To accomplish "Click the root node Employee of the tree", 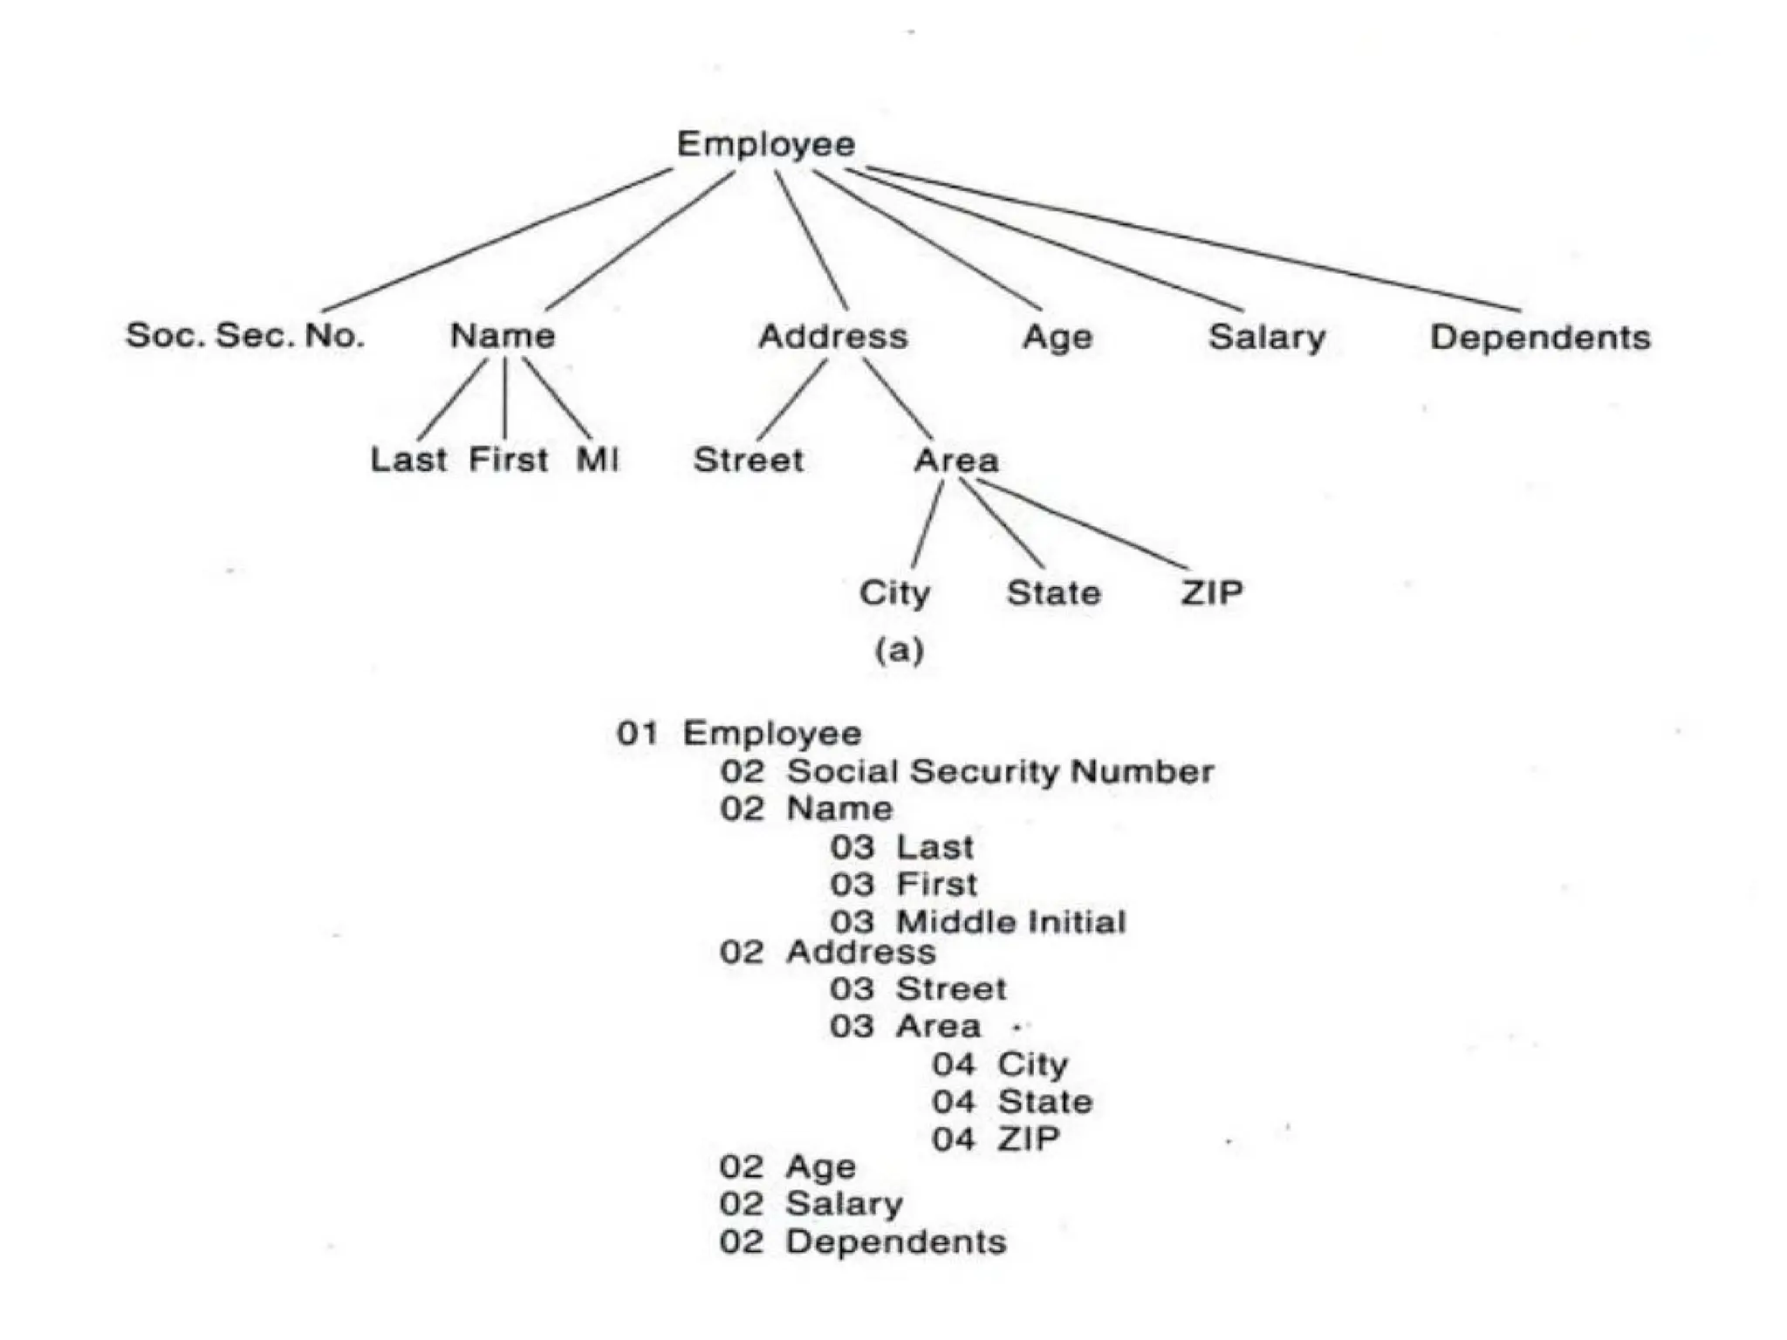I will [x=766, y=144].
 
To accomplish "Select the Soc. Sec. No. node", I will [x=244, y=335].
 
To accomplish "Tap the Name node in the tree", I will [x=503, y=336].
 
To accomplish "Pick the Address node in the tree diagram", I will [x=833, y=337].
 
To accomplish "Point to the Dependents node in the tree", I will [x=1540, y=338].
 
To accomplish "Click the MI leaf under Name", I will [x=598, y=460].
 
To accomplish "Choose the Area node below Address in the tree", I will [x=956, y=461].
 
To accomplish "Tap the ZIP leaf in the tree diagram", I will [x=1212, y=593].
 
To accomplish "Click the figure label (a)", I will [x=900, y=650].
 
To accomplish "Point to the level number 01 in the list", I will [x=637, y=734].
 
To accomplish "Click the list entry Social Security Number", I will [x=1000, y=772].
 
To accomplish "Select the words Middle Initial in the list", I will [x=1011, y=922].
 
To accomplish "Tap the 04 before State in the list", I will [x=954, y=1102].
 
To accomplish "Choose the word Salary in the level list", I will [x=844, y=1205].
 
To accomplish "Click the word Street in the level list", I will [x=951, y=989].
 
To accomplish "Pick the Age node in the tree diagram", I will [x=1058, y=338].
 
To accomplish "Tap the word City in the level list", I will [x=1033, y=1064].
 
